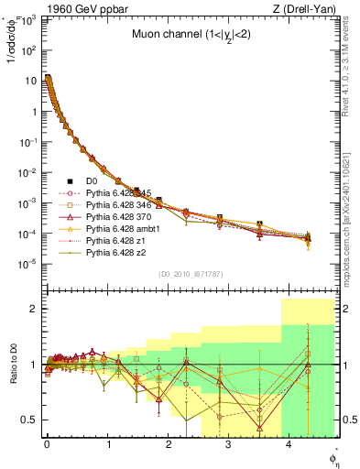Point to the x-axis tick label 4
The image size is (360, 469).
289,445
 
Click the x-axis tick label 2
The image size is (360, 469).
168,445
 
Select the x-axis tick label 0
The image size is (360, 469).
47,445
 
